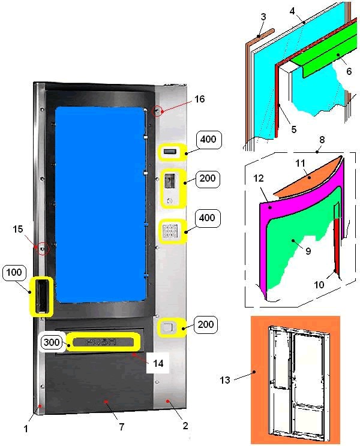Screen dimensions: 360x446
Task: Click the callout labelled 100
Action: (14, 273)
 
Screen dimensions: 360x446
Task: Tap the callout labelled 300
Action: (52, 342)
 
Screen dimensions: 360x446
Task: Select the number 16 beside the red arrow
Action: (199, 99)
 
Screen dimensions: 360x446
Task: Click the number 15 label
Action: (17, 229)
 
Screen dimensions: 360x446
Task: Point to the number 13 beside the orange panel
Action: (225, 379)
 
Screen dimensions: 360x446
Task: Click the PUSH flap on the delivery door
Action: (103, 342)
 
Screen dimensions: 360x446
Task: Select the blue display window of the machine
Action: (100, 205)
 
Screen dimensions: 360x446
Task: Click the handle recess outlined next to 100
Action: (41, 296)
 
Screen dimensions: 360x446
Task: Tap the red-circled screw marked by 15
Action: (43, 249)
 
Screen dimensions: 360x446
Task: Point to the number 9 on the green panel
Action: (308, 251)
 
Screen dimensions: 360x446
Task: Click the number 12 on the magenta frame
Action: (259, 178)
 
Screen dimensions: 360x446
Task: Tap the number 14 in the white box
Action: (158, 363)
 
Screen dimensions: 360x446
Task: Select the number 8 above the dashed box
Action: (322, 139)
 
